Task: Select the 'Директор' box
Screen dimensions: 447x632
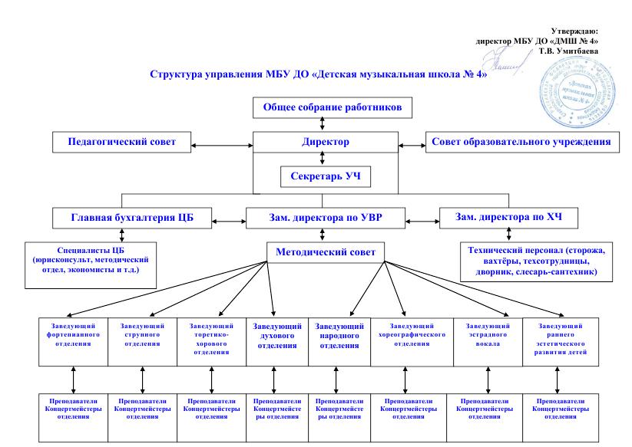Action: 326,142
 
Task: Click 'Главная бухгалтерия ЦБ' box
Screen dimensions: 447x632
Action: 132,218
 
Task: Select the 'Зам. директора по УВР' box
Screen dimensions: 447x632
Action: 326,218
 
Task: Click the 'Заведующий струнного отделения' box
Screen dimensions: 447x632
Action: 142,336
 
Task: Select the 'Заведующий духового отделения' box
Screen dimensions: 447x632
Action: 275,336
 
